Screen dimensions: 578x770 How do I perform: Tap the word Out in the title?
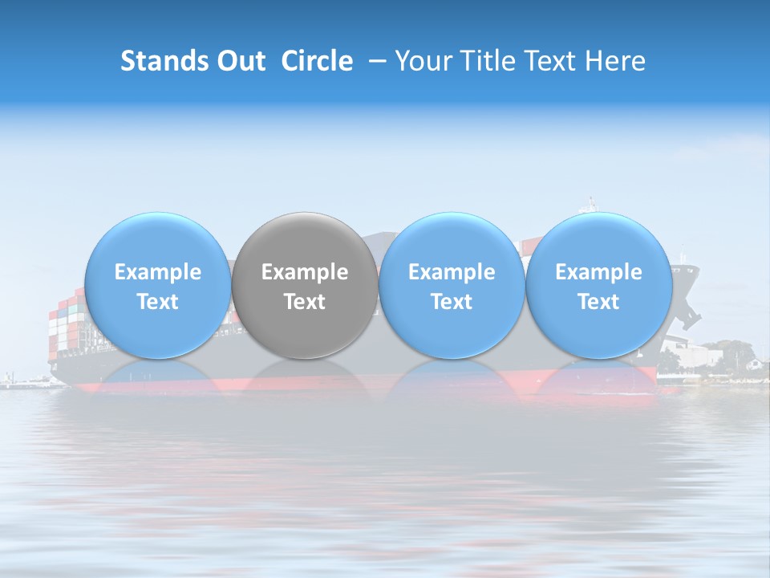coord(238,61)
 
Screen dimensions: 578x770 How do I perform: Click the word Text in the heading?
coord(553,61)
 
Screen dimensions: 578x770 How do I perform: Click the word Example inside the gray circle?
coord(305,272)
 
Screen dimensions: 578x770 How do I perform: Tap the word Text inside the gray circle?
coord(305,302)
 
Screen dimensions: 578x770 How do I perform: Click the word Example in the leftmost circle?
coord(157,272)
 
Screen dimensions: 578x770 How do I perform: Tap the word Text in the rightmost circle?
coord(598,302)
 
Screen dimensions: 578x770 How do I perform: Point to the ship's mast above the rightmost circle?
coord(592,205)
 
